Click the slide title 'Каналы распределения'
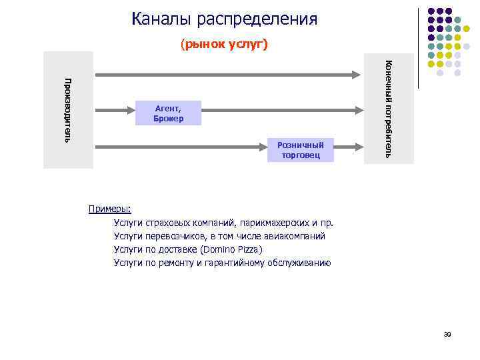[x=224, y=19]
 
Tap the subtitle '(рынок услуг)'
[x=224, y=45]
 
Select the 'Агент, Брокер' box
[x=168, y=113]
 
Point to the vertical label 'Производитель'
[x=67, y=110]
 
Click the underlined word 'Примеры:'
[x=110, y=209]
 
